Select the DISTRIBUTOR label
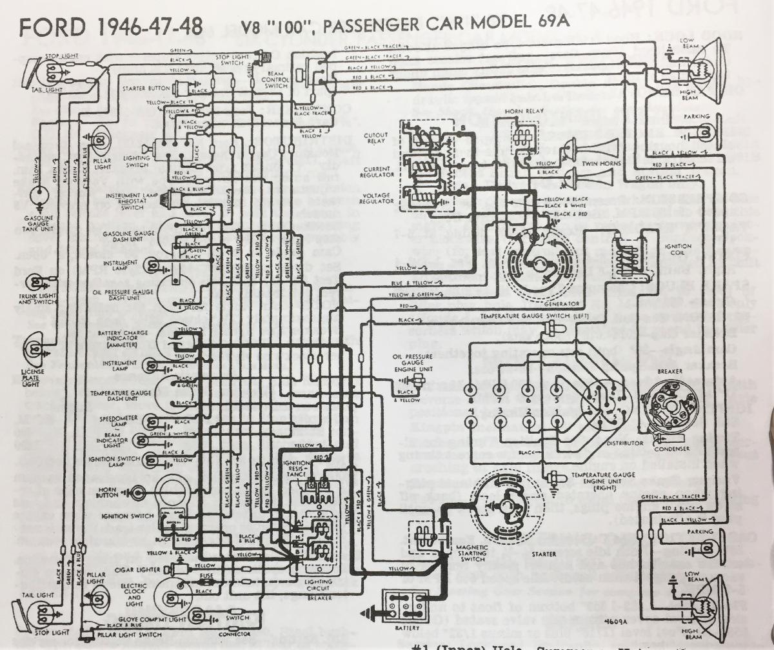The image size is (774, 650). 626,443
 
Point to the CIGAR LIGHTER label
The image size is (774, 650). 132,570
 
